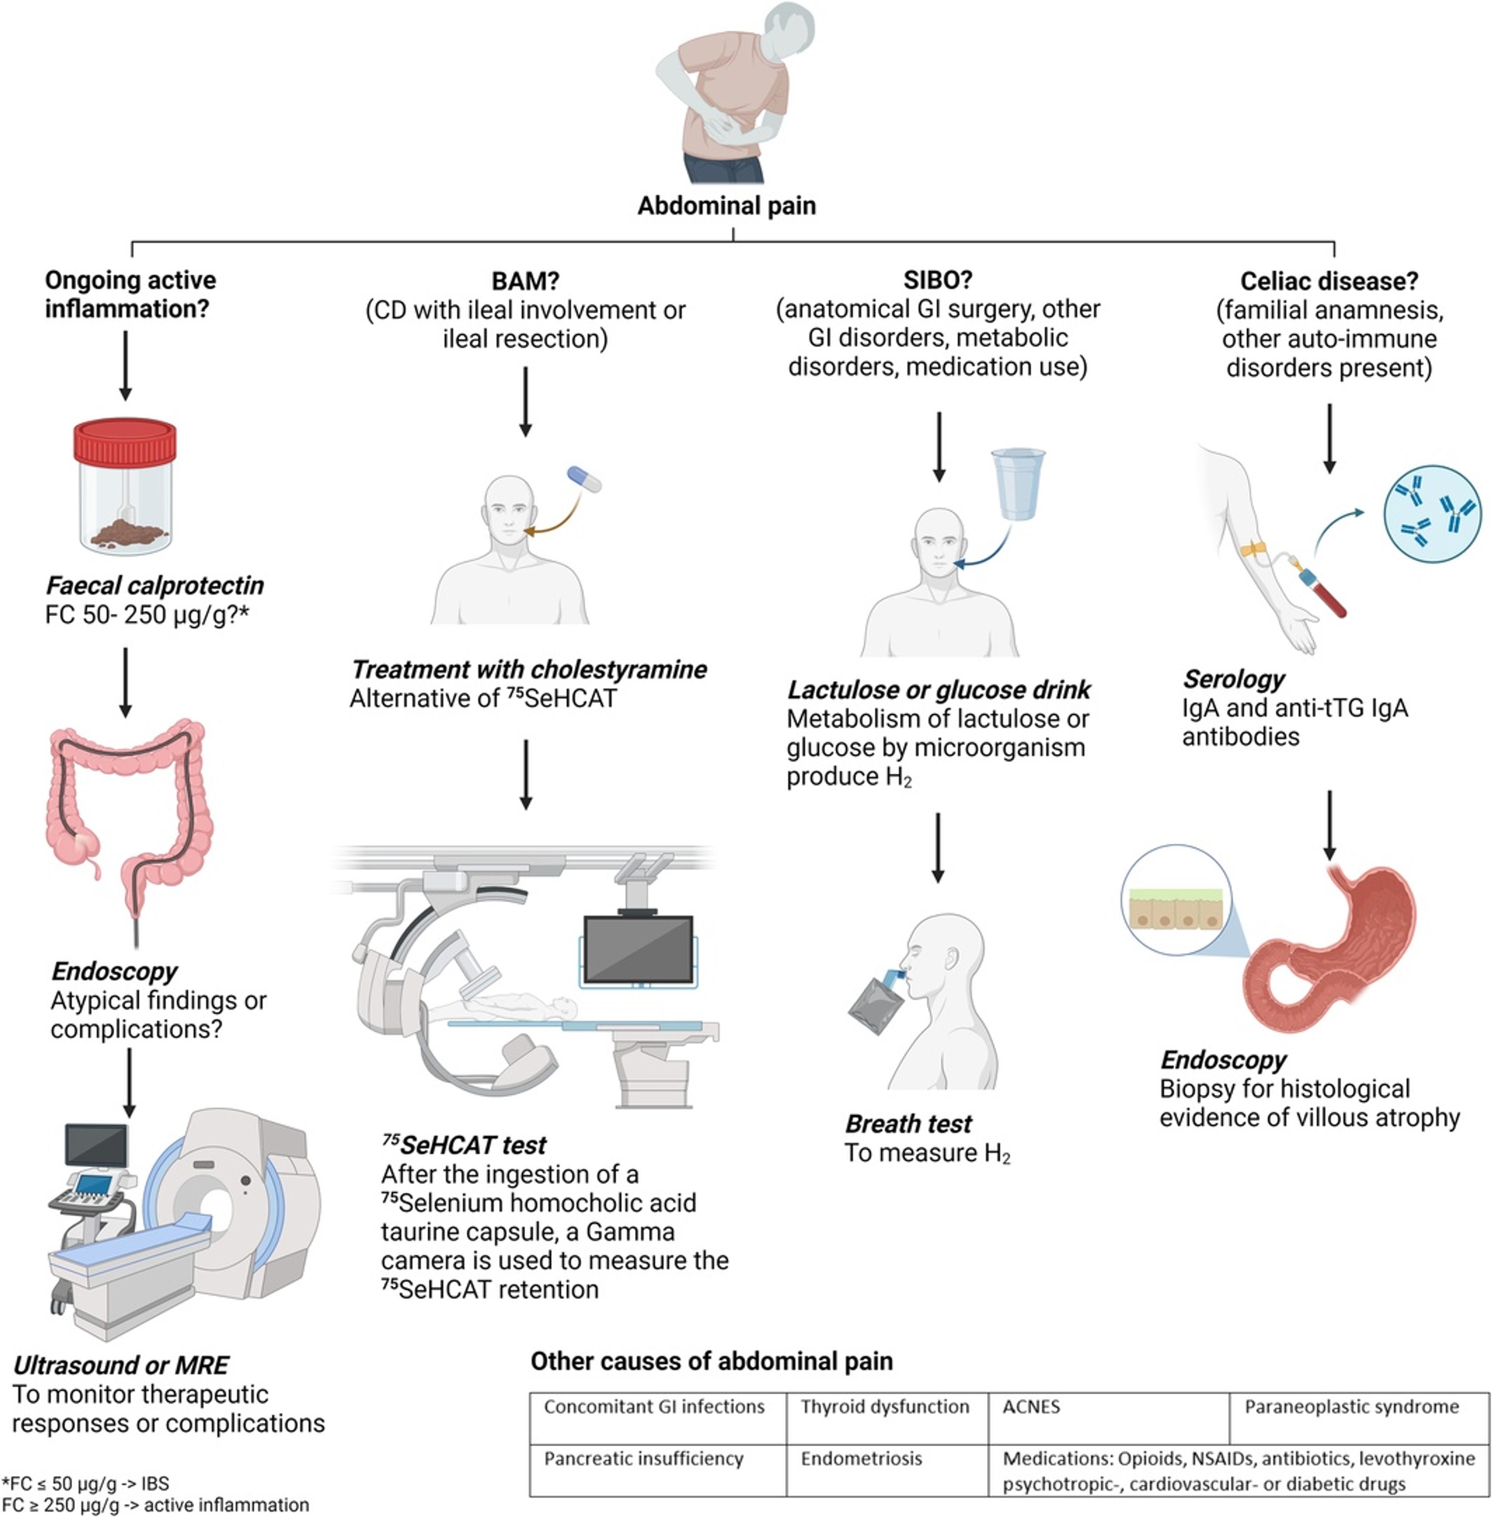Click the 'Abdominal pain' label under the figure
727,206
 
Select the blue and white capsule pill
584,479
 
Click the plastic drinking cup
1018,484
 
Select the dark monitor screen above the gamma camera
639,949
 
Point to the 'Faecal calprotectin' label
154,585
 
